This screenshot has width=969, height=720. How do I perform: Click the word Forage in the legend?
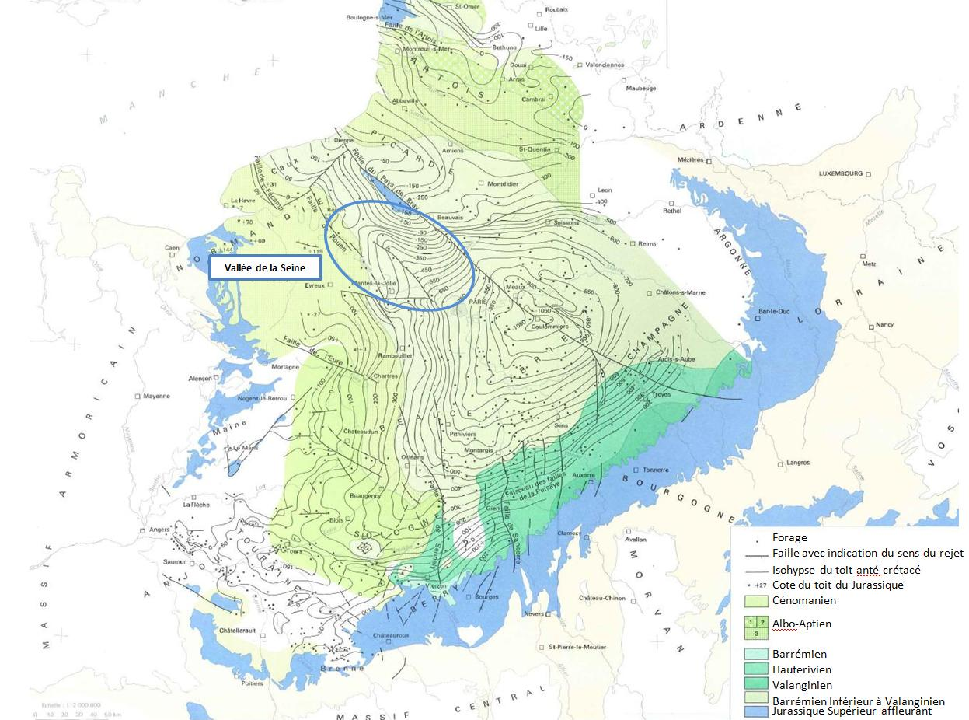click(x=789, y=537)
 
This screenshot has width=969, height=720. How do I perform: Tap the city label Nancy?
click(x=884, y=324)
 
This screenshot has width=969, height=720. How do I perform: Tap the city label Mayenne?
click(x=156, y=396)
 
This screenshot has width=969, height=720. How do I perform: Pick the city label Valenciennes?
click(x=605, y=65)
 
